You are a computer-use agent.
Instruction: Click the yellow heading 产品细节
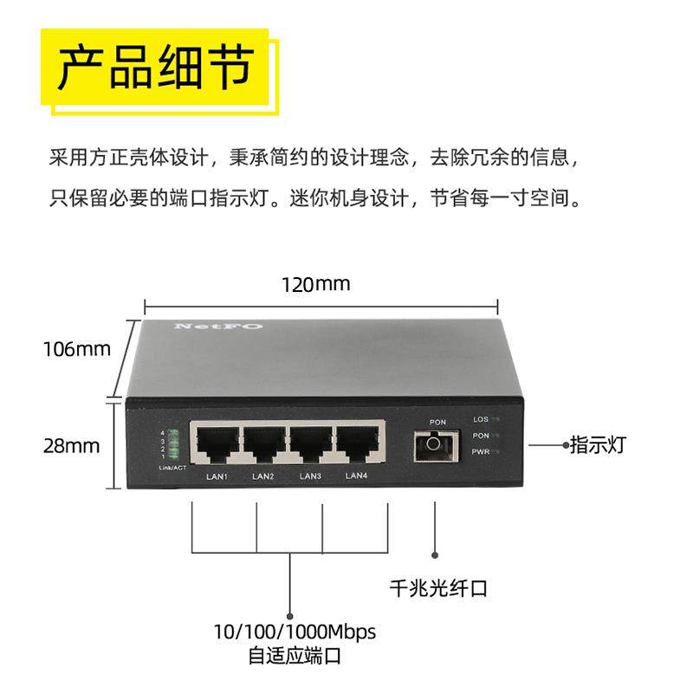click(x=154, y=68)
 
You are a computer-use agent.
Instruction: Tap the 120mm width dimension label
click(x=315, y=284)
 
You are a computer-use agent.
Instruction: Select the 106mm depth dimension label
click(x=78, y=349)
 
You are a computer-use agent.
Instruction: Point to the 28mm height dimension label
click(x=71, y=446)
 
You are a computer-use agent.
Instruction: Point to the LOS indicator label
click(x=481, y=419)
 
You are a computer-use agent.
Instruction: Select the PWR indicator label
click(x=481, y=452)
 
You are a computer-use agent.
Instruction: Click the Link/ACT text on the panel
click(x=172, y=468)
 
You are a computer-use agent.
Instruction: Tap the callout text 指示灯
click(x=597, y=445)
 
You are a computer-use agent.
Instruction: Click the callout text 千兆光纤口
click(x=438, y=589)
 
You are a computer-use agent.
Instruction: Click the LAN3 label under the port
click(x=310, y=476)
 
